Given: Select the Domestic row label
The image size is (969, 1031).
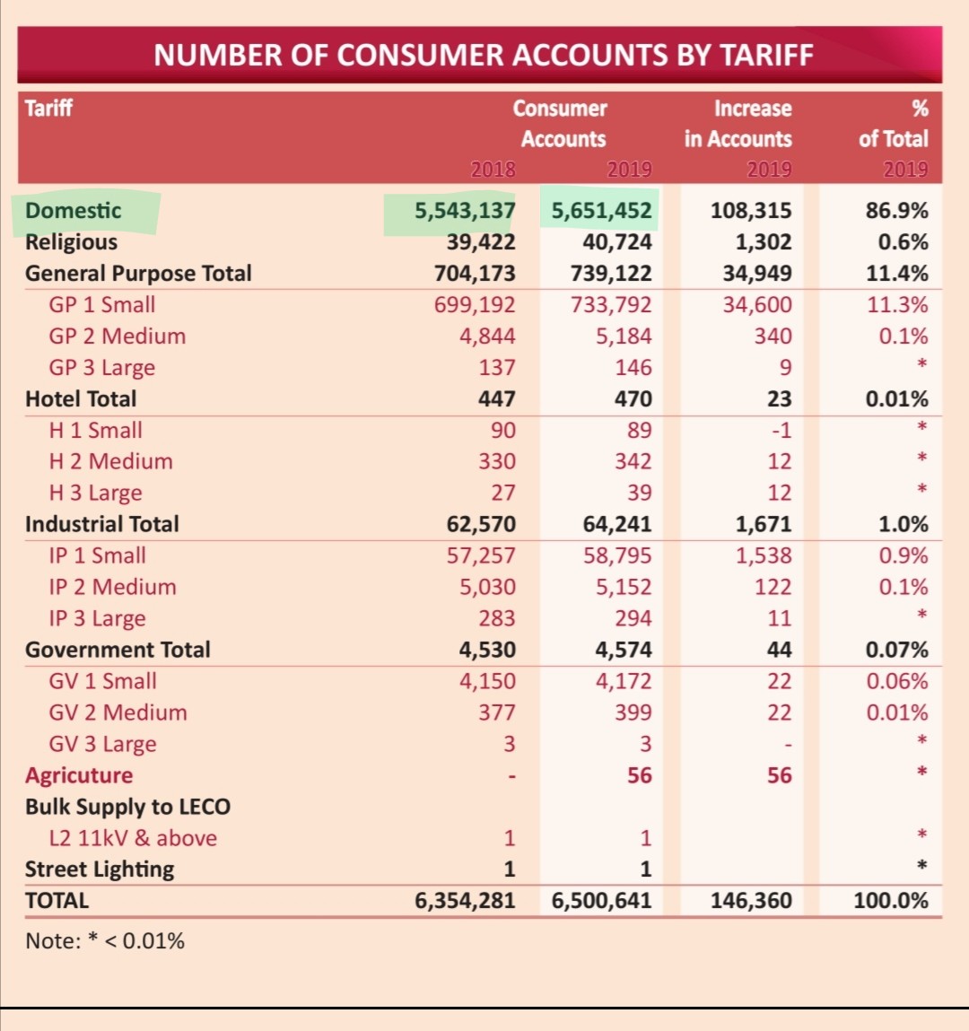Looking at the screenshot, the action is coord(73,210).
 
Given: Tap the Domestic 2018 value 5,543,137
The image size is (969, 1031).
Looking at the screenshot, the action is coord(465,210).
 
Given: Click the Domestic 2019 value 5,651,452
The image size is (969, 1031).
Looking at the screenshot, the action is coord(601,210).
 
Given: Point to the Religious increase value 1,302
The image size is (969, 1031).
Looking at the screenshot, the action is coord(764,242).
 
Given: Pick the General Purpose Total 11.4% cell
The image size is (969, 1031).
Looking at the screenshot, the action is coord(896,273).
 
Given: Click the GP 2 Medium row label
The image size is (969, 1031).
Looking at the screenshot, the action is coord(117,336).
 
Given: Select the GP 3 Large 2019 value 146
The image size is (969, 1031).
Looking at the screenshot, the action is coord(633,367).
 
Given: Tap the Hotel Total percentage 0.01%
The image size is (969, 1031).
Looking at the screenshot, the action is coord(896,398).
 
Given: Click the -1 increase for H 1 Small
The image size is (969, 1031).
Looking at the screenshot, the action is coord(781,430).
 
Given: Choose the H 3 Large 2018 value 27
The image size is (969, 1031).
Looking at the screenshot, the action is coord(503,493).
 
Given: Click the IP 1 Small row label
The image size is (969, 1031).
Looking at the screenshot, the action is coord(97,555).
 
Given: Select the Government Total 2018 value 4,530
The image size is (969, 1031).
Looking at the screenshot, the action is coord(487,650).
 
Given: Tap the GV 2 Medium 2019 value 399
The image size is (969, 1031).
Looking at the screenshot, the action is coord(633,712).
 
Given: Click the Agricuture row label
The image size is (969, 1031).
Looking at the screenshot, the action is coord(79,775).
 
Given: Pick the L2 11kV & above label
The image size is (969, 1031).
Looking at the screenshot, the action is coord(133,838).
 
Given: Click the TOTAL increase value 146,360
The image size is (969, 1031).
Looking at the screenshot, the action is coord(751,900).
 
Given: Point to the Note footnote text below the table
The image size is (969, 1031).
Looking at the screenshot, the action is coord(104,941).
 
